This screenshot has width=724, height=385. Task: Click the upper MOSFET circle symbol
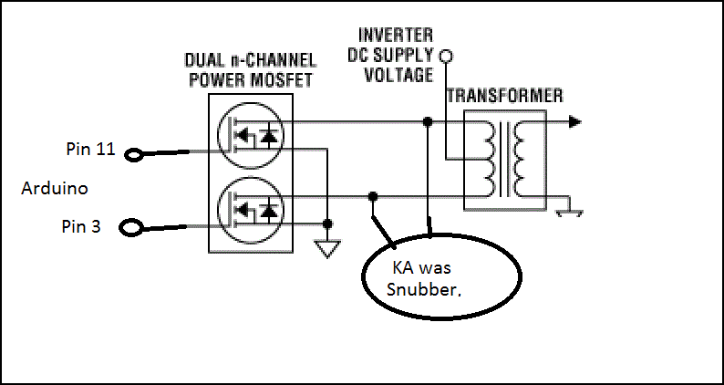(249, 135)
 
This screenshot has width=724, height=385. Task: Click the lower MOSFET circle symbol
(249, 208)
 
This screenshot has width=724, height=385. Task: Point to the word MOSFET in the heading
(281, 79)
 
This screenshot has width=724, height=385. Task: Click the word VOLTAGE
(398, 75)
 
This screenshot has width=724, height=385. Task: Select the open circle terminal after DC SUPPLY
(446, 57)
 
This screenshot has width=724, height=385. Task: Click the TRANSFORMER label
(503, 95)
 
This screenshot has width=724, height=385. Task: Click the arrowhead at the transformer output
(574, 120)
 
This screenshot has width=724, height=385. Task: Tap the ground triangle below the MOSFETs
(327, 246)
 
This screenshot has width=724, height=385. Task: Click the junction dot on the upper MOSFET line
(427, 120)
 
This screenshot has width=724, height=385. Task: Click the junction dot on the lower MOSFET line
(372, 196)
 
